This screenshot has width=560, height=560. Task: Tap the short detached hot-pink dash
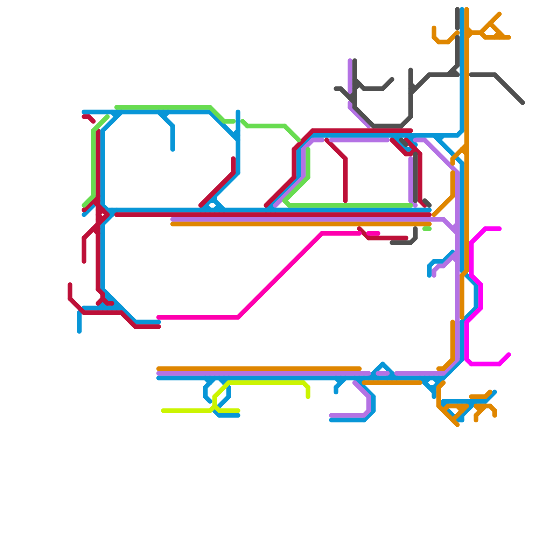(373, 233)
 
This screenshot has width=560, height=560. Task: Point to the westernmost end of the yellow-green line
(163, 411)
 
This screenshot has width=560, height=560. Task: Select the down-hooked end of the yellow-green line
(308, 397)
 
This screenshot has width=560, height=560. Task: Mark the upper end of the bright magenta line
(500, 229)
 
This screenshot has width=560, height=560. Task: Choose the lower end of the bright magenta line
(509, 355)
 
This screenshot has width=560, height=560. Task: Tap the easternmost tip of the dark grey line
(523, 103)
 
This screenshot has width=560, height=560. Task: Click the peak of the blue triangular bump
(383, 363)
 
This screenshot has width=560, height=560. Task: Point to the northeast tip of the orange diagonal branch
(499, 14)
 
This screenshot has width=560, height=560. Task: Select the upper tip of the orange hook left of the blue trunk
(434, 28)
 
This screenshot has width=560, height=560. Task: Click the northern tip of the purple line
(350, 61)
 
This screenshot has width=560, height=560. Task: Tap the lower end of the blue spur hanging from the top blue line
(173, 150)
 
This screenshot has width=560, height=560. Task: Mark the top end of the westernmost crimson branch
(70, 284)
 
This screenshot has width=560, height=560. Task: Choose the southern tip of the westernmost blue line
(79, 331)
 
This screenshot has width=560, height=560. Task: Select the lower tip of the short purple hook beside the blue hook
(434, 276)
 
